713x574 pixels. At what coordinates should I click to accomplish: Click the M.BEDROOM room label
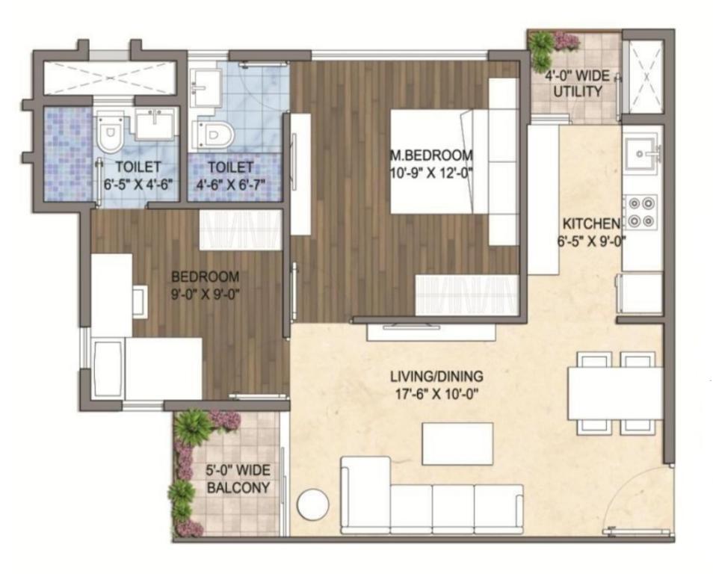(x=431, y=155)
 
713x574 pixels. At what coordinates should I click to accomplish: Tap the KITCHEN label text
(x=590, y=223)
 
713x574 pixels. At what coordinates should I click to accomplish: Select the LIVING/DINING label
(x=436, y=377)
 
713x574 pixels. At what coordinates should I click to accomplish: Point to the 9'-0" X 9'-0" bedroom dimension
(x=205, y=294)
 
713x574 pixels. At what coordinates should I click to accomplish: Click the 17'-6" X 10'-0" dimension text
(x=436, y=393)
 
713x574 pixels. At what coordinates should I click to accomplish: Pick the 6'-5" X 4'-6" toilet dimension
(x=139, y=184)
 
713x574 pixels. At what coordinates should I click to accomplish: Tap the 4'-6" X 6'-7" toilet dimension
(x=230, y=184)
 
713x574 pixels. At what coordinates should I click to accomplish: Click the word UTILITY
(x=577, y=91)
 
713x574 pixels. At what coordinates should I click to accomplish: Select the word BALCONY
(x=238, y=487)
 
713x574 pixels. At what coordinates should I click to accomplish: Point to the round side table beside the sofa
(x=313, y=504)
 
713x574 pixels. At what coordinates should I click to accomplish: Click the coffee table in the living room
(x=457, y=443)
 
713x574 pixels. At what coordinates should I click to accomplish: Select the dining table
(x=615, y=393)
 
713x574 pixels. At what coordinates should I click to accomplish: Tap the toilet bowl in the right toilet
(x=214, y=135)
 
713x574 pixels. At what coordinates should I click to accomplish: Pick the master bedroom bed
(x=454, y=161)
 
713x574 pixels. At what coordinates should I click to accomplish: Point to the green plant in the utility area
(x=541, y=48)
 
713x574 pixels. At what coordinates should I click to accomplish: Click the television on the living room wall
(x=412, y=326)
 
